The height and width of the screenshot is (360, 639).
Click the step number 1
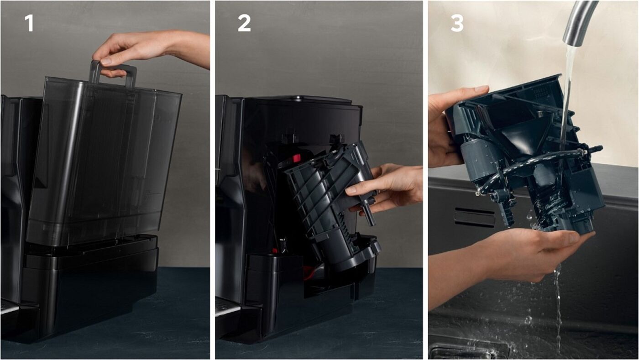tap(29, 23)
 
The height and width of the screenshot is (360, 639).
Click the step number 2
tap(244, 23)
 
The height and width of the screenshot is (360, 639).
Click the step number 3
tap(457, 23)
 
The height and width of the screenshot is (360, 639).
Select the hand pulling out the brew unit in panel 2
tap(388, 188)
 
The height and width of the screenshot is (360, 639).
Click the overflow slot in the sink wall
tap(475, 217)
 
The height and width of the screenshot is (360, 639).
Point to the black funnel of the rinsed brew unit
tap(522, 136)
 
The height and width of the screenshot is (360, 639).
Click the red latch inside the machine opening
tap(296, 157)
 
